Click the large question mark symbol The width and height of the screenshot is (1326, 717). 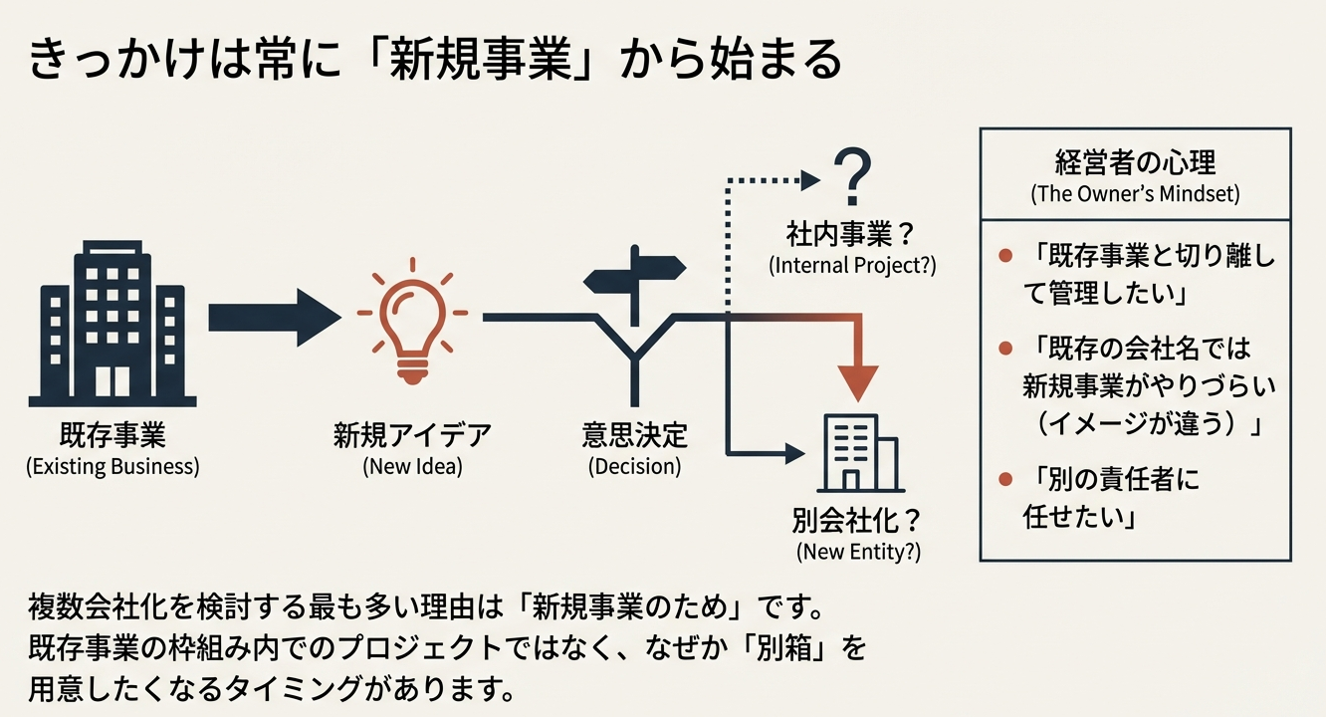click(x=850, y=178)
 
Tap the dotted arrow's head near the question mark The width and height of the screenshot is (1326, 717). click(x=811, y=180)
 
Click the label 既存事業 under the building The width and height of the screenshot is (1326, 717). click(x=112, y=436)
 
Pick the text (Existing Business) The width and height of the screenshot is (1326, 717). click(x=112, y=466)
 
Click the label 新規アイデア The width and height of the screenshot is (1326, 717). click(x=412, y=436)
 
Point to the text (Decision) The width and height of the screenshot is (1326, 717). click(x=634, y=466)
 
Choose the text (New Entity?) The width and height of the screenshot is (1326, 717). click(x=858, y=553)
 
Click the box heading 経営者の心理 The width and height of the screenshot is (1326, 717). click(x=1135, y=162)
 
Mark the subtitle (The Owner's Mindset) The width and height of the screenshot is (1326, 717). click(x=1135, y=193)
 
